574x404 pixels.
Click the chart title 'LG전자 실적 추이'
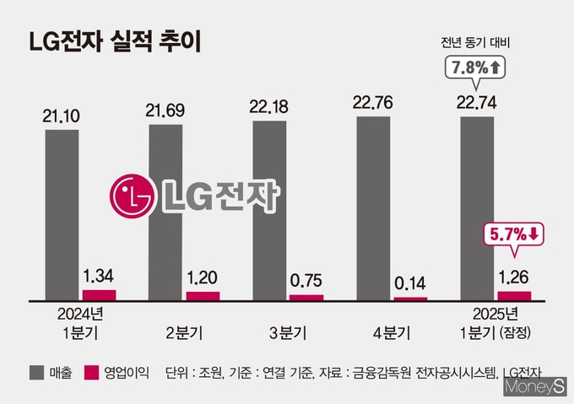click(115, 42)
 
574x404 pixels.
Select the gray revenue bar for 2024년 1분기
click(62, 215)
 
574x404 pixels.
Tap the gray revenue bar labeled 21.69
click(165, 213)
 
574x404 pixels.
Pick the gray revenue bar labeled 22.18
click(269, 211)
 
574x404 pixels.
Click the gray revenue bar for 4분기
click(373, 208)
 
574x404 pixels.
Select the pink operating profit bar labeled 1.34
click(100, 295)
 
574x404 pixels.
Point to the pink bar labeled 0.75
click(306, 298)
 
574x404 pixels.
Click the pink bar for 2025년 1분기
click(514, 296)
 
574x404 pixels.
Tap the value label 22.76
click(372, 103)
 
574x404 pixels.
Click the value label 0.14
click(410, 283)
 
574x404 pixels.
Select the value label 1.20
click(202, 277)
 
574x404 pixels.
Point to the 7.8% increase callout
click(475, 68)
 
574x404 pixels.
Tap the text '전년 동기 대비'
click(475, 43)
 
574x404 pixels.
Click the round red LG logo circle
click(133, 196)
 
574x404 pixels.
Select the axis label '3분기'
click(288, 333)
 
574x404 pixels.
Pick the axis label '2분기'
click(184, 333)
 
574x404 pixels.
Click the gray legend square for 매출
click(36, 373)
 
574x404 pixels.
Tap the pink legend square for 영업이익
click(91, 373)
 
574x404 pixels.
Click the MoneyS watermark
click(535, 387)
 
